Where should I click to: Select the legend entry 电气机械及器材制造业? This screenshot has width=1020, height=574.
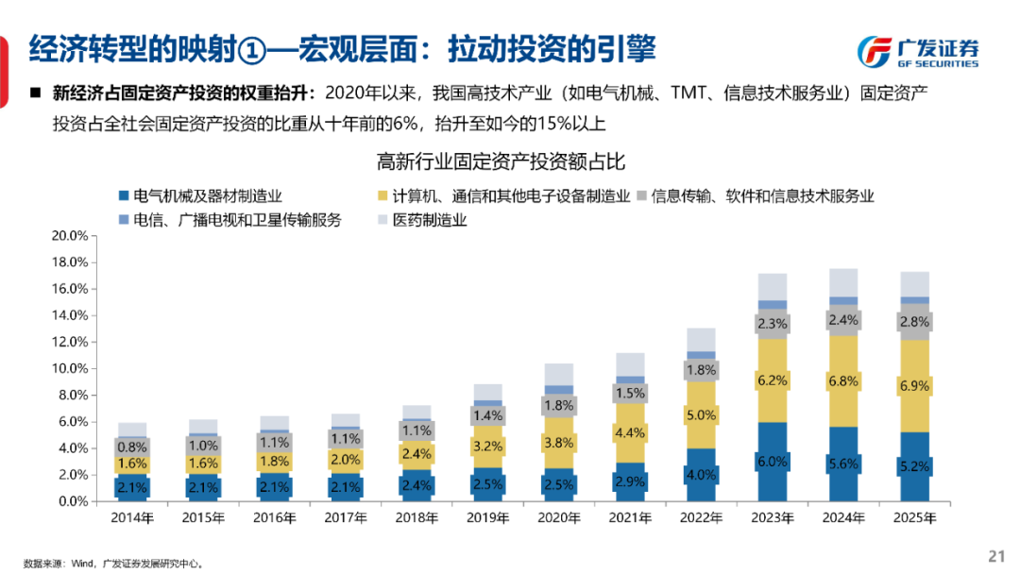pyautogui.click(x=200, y=196)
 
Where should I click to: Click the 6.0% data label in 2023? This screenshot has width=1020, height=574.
pyautogui.click(x=773, y=461)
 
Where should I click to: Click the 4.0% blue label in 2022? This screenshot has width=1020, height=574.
pyautogui.click(x=702, y=474)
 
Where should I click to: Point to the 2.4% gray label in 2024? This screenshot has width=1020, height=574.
pyautogui.click(x=843, y=320)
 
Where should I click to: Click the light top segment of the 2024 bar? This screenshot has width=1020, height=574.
pyautogui.click(x=843, y=282)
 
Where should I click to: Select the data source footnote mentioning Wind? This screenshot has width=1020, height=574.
pyautogui.click(x=114, y=563)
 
